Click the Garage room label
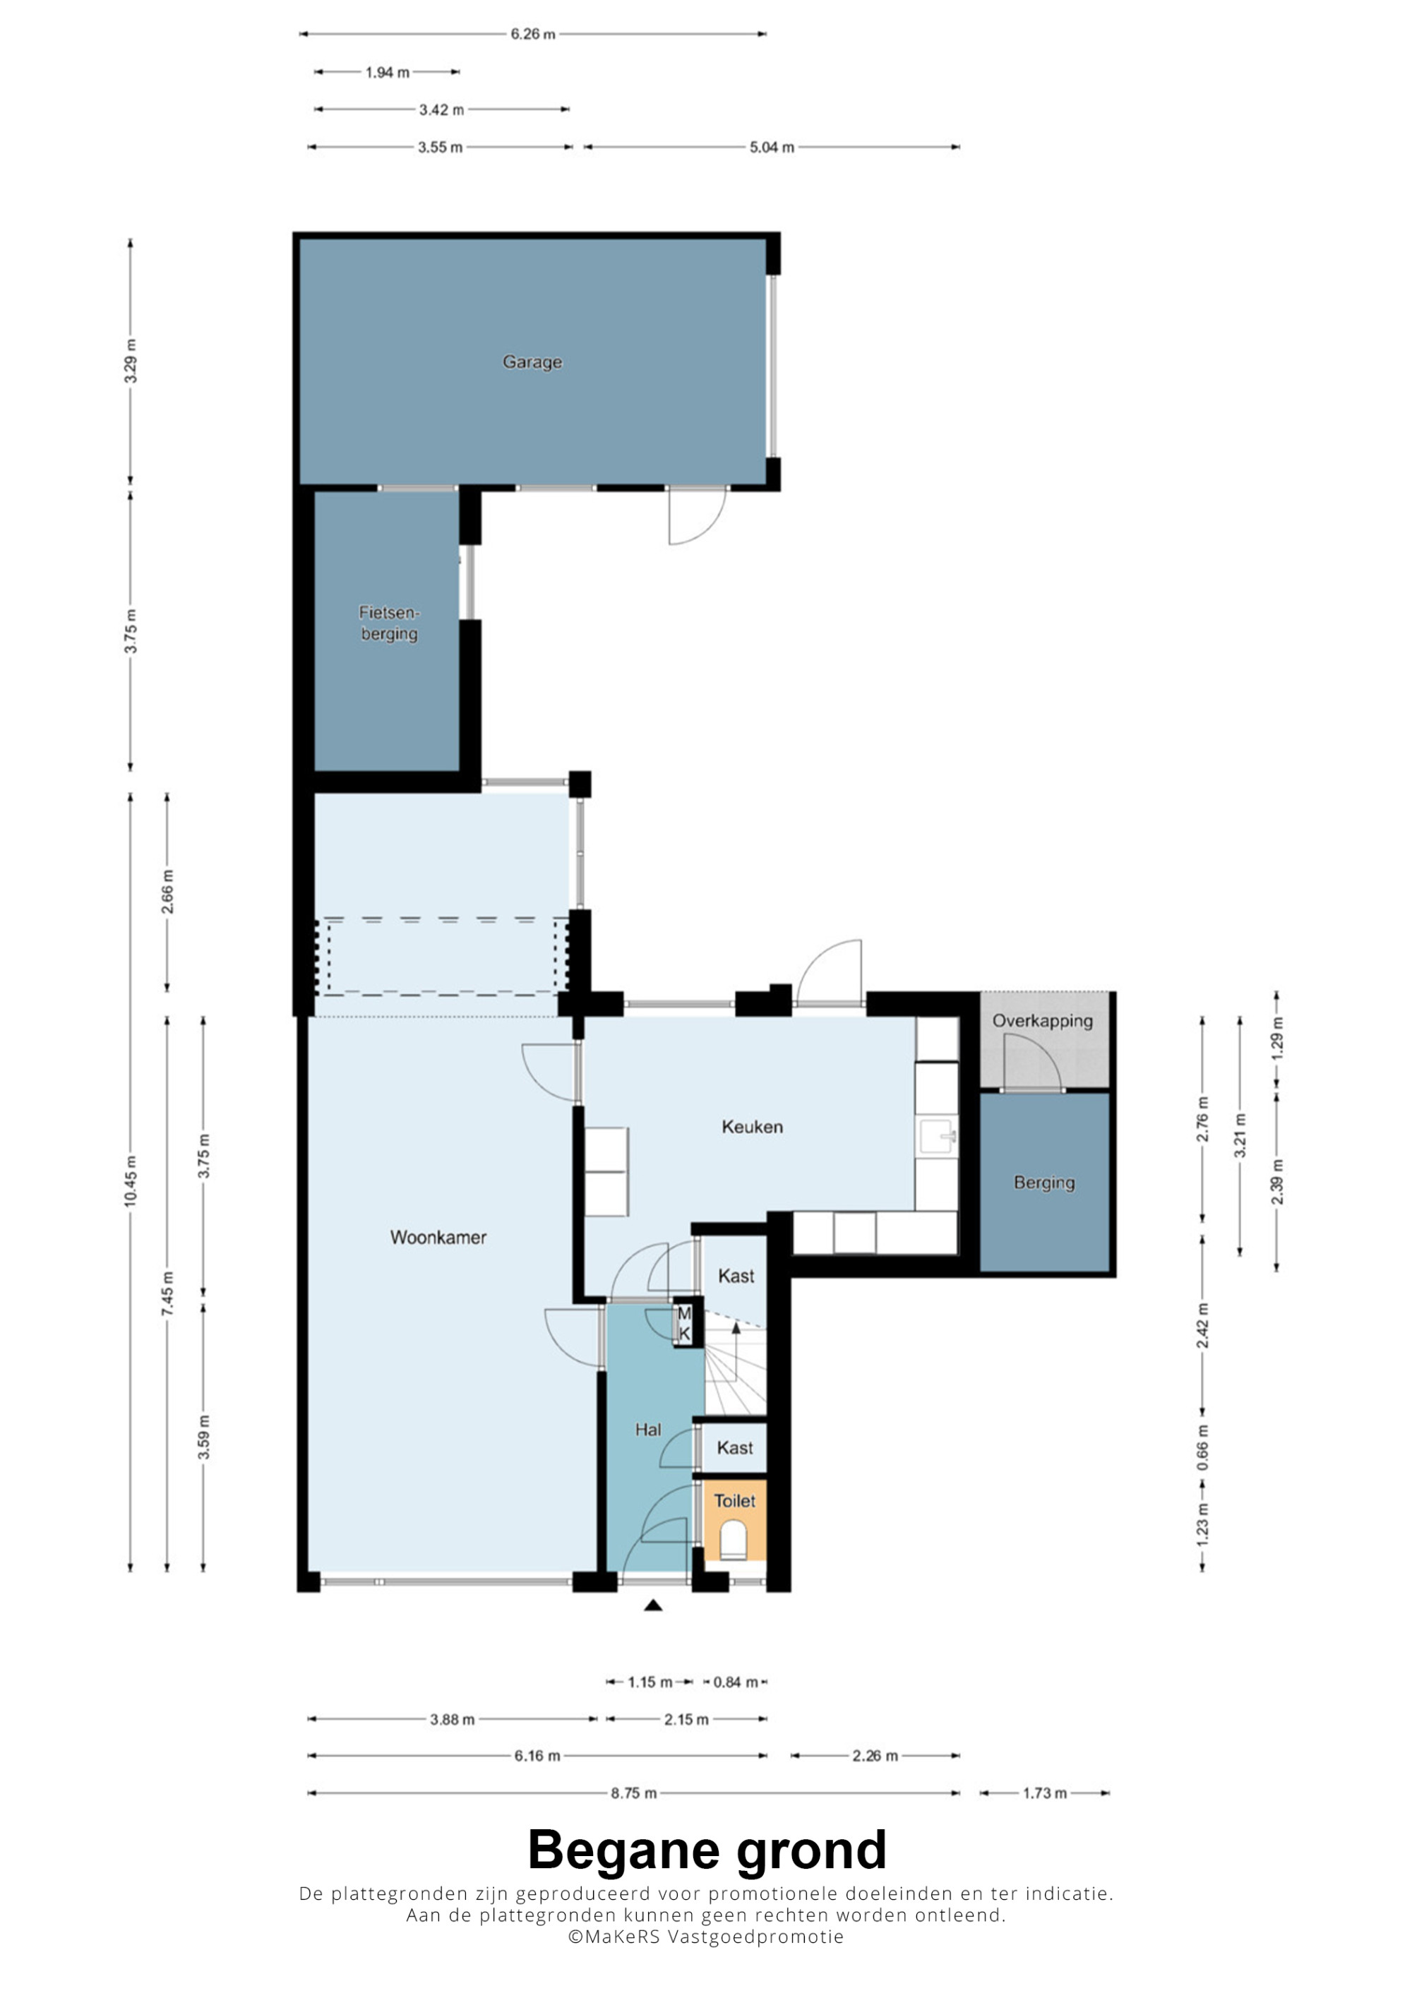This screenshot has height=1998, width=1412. [532, 362]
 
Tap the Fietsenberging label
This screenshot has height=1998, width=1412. [389, 623]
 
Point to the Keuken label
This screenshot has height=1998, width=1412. [752, 1127]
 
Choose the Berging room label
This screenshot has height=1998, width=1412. [1044, 1183]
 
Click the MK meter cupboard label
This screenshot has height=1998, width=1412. [684, 1323]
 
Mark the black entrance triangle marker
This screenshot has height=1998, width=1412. [652, 1605]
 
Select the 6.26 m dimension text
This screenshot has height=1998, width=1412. [532, 34]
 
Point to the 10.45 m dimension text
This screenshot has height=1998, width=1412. [131, 1181]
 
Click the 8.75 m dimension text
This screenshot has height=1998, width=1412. [633, 1793]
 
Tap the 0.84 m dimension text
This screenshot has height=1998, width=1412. [735, 1682]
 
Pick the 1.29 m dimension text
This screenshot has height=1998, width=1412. [1276, 1038]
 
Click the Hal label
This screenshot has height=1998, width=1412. [647, 1430]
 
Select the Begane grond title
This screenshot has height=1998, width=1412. [707, 1850]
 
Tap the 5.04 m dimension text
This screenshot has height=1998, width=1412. [772, 147]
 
